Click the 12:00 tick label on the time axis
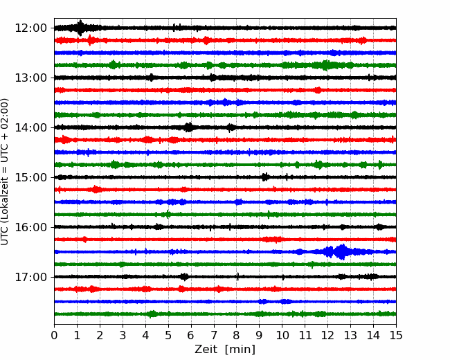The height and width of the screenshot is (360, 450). [x=30, y=28]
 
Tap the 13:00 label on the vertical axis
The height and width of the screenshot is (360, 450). [x=30, y=78]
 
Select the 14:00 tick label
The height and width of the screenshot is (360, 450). [x=30, y=127]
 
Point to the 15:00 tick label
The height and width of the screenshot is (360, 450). [x=30, y=177]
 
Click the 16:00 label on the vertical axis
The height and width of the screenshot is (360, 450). [x=30, y=227]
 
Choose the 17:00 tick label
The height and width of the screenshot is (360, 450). [x=30, y=277]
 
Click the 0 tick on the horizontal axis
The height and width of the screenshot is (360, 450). [x=54, y=335]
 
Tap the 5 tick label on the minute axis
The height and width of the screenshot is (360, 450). [x=168, y=335]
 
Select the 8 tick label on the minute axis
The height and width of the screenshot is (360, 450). [x=237, y=335]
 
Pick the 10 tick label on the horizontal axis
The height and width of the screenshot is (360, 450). [x=282, y=335]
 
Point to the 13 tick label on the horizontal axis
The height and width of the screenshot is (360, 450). [x=350, y=335]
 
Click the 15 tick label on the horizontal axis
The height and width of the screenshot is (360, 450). [x=396, y=335]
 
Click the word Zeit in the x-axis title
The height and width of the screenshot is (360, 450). [x=206, y=350]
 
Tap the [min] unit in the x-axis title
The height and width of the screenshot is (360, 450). [x=240, y=350]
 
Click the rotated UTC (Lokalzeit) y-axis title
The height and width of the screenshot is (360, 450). [x=4, y=172]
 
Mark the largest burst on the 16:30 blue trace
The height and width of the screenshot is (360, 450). [x=341, y=252]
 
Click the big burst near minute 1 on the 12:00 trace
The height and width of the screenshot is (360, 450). [x=80, y=28]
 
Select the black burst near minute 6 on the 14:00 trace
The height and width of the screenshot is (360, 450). [x=188, y=127]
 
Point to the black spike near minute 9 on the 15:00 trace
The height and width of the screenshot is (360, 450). [x=265, y=177]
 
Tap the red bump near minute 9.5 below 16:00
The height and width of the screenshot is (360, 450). [x=273, y=239]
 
